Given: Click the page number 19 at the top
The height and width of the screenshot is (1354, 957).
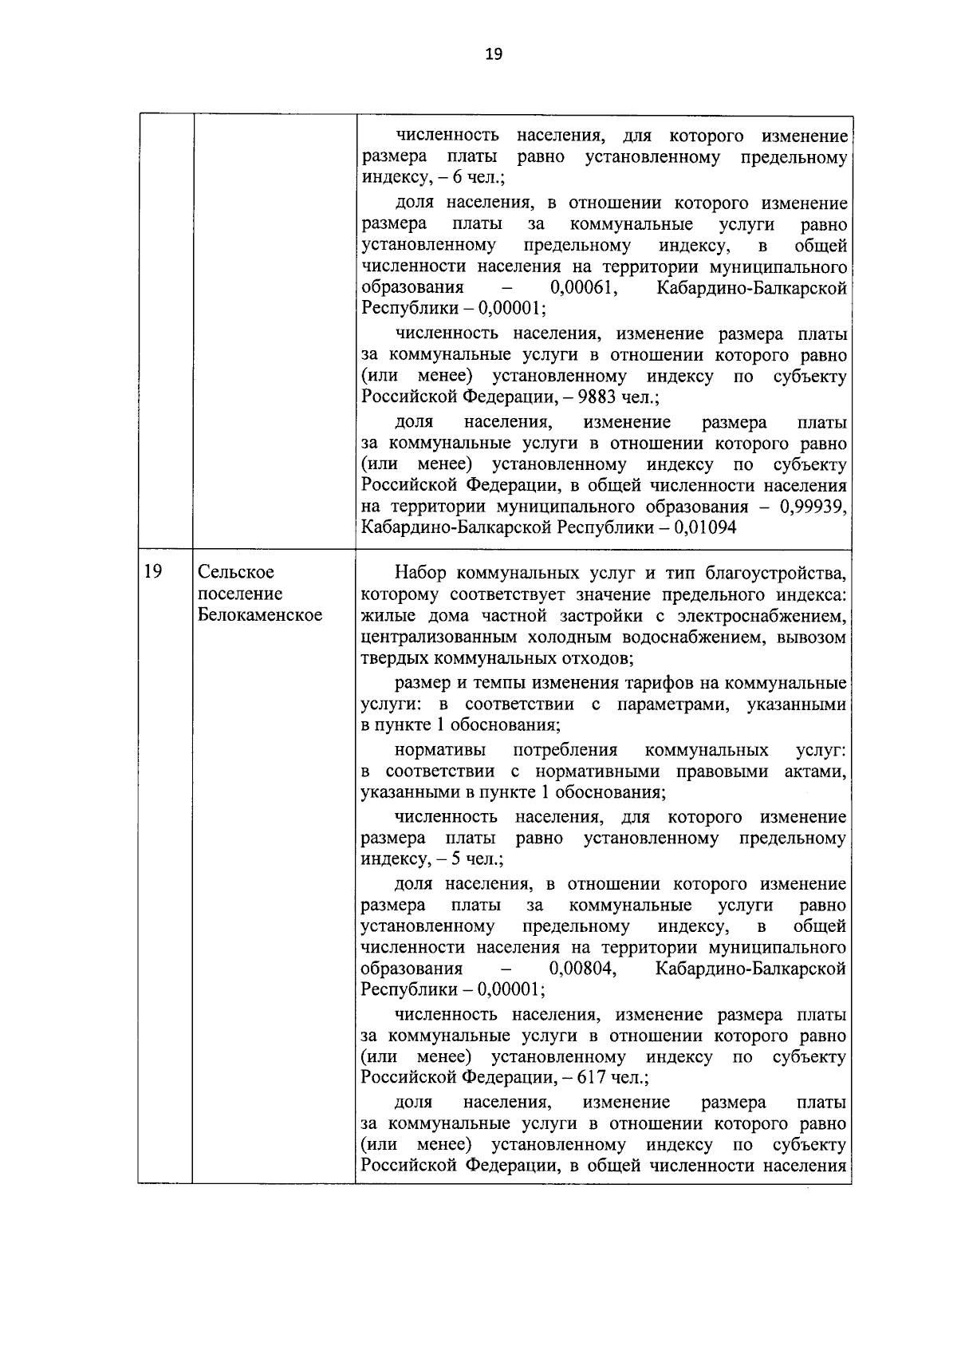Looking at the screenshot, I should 493,54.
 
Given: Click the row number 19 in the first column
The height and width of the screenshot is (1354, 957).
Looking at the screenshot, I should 154,572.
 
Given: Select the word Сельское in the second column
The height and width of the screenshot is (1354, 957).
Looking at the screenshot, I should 236,572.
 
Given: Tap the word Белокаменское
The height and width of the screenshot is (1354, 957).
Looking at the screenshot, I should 260,615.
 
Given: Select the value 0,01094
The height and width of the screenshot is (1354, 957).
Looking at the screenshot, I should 705,528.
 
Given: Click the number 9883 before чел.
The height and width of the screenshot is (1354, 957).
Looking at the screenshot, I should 593,397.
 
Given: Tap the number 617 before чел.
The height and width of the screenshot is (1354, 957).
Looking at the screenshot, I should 592,1078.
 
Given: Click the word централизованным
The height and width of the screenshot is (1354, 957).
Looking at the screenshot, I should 440,638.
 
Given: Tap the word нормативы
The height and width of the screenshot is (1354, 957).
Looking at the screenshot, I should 436,750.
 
